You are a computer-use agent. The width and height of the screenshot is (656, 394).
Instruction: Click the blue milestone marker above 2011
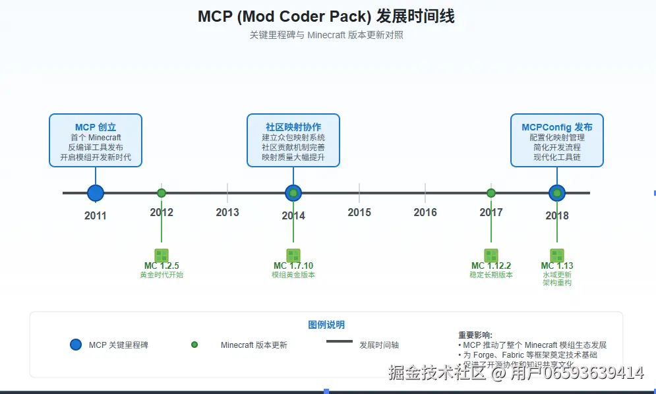click(x=96, y=193)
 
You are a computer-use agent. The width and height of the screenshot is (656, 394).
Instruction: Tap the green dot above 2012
click(x=162, y=193)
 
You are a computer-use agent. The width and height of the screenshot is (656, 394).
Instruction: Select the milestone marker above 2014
click(x=293, y=193)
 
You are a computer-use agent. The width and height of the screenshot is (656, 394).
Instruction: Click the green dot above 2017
click(x=491, y=193)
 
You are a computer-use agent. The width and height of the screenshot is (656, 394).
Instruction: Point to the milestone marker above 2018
click(x=557, y=193)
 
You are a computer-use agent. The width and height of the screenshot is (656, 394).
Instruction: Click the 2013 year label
click(x=227, y=212)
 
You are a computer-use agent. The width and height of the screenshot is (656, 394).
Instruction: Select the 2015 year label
click(x=359, y=212)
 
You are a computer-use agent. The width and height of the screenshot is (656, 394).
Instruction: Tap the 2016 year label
click(x=425, y=212)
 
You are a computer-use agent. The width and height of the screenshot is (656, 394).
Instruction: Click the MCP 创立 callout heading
click(x=96, y=127)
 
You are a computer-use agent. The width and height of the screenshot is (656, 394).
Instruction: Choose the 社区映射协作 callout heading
click(x=293, y=127)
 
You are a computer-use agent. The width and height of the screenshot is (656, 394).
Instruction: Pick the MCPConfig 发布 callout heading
click(x=557, y=127)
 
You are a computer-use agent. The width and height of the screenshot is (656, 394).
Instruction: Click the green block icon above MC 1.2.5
click(x=162, y=255)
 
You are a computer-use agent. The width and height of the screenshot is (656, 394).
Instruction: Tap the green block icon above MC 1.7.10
click(x=293, y=255)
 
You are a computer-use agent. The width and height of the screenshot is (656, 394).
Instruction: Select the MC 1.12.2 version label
click(x=491, y=266)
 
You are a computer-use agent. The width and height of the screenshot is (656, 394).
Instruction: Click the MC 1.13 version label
click(x=557, y=266)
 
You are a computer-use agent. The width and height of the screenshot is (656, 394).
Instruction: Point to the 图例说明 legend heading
click(x=326, y=325)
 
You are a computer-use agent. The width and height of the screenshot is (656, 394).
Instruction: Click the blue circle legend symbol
click(x=76, y=345)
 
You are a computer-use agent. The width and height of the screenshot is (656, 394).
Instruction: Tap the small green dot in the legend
click(x=194, y=345)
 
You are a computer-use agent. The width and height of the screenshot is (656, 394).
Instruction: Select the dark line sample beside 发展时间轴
click(x=340, y=341)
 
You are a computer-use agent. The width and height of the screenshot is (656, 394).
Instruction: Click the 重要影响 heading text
click(x=475, y=335)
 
